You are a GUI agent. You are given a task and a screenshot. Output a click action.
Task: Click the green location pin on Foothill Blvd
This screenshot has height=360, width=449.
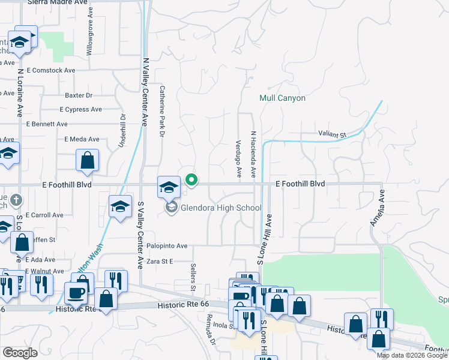pos(192,180)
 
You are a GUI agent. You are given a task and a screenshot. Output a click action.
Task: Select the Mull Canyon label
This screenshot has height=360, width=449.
pos(282,98)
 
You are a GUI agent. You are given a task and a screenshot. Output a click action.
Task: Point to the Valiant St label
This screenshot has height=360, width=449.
pos(332,135)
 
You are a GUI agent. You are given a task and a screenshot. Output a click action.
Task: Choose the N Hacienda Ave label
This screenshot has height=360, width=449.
pos(253,155)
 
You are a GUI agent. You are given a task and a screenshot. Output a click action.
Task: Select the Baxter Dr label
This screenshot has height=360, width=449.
pos(79,95)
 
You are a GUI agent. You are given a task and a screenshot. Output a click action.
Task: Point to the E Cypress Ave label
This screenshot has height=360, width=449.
pos(80,110)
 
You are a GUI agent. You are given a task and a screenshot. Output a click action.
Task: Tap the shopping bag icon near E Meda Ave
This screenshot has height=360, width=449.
pos(88,160)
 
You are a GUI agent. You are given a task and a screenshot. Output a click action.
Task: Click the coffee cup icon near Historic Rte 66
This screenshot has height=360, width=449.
pos(76,293)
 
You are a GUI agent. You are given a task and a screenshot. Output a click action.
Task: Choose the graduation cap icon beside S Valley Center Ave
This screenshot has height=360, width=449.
pos(120,207)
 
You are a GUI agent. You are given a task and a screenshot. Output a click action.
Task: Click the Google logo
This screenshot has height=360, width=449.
pos(20,353)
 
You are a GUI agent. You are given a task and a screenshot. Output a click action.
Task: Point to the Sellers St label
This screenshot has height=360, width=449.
pos(193,277)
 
